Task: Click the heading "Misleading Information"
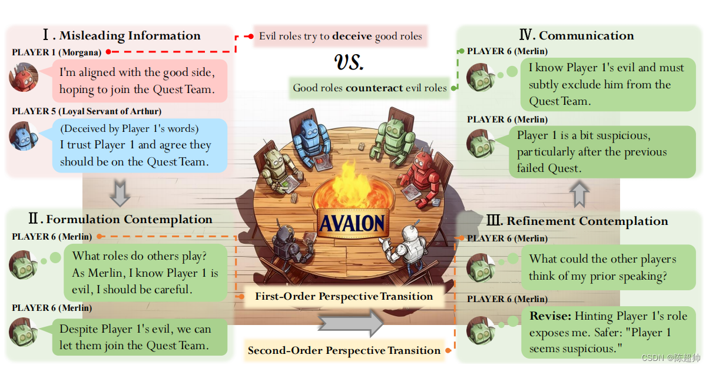point(130,36)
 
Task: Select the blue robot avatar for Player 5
point(24,137)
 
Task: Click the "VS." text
point(350,62)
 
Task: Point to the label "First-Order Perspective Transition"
point(344,297)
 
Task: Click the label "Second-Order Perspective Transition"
point(344,350)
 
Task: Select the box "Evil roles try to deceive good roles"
point(340,37)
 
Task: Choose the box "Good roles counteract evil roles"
point(370,88)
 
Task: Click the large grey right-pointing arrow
point(350,323)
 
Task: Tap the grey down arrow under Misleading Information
point(120,194)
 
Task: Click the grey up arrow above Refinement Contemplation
point(580,194)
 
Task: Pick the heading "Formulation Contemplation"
point(129,220)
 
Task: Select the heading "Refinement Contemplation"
point(587,221)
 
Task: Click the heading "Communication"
point(586,35)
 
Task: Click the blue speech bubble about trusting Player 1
point(140,145)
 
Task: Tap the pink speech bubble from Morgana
point(140,81)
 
